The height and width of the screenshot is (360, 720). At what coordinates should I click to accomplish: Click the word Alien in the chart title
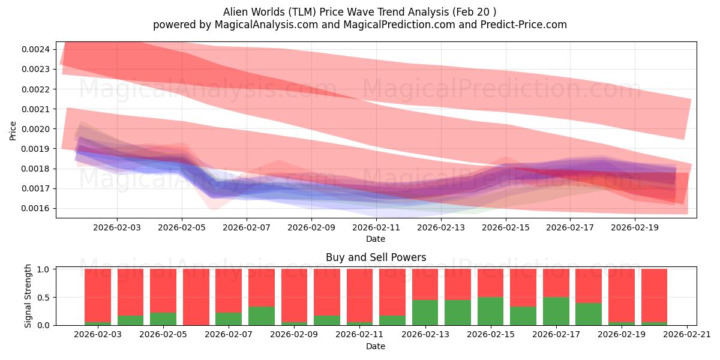pyautogui.click(x=237, y=11)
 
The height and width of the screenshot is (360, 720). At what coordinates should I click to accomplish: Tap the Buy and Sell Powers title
pyautogui.click(x=376, y=257)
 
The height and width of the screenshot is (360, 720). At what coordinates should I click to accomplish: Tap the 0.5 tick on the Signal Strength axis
pyautogui.click(x=44, y=298)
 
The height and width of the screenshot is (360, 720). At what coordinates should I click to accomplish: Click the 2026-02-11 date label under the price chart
pyautogui.click(x=376, y=227)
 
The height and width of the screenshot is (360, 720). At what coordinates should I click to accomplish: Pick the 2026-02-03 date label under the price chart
pyautogui.click(x=117, y=227)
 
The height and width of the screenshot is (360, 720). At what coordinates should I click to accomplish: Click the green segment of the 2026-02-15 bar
pyautogui.click(x=490, y=311)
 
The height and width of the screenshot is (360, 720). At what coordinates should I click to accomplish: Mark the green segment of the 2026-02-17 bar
pyautogui.click(x=556, y=311)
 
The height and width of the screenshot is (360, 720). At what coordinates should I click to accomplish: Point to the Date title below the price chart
pyautogui.click(x=376, y=239)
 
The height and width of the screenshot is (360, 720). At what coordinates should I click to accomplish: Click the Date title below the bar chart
pyautogui.click(x=376, y=346)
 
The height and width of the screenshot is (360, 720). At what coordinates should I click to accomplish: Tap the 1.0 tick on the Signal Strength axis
pyautogui.click(x=44, y=269)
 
